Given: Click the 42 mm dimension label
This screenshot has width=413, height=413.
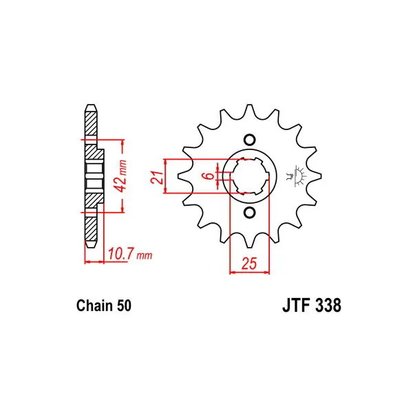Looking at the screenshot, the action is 121,176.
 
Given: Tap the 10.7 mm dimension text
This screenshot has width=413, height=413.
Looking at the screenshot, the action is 130,254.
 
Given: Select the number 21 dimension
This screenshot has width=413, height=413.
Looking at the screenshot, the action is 157,178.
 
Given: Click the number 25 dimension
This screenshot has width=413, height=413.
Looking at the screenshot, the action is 249,264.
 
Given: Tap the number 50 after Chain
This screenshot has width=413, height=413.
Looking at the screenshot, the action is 124,306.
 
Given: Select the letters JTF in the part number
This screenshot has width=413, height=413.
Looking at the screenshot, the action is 296,306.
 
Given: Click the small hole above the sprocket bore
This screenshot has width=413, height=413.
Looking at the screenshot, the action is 249,140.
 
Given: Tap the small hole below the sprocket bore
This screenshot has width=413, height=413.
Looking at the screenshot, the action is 249,212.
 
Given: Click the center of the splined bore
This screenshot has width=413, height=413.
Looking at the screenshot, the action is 249,176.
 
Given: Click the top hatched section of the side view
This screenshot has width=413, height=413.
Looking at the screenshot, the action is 91,123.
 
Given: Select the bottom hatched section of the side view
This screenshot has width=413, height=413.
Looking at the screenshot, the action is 91,229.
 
